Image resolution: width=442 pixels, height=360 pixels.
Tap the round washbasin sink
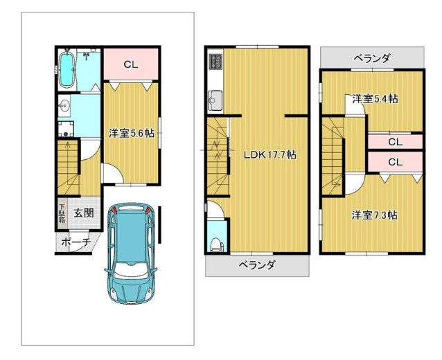64,106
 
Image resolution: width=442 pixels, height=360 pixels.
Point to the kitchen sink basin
215,100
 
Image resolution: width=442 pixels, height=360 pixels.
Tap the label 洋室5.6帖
132,133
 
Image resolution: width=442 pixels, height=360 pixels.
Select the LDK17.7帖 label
269,154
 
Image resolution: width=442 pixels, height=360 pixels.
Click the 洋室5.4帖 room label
375,99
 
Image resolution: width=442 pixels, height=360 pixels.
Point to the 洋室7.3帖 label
375,215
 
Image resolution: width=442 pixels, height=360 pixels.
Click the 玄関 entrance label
84,213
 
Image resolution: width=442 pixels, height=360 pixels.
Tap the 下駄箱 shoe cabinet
62,213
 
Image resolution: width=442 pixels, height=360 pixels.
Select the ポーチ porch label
76,242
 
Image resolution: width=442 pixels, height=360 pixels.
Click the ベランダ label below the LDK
257,265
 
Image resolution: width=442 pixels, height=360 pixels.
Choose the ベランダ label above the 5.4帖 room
372,58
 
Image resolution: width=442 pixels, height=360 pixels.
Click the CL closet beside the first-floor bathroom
131,64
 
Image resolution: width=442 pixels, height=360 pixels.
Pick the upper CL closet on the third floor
395,142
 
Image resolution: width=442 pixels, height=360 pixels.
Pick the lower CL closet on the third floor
395,162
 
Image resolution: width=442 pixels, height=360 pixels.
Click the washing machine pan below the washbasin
66,129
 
